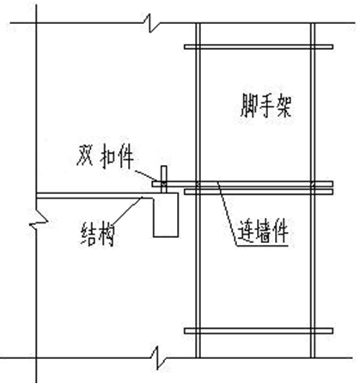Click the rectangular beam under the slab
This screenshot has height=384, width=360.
click(x=167, y=214)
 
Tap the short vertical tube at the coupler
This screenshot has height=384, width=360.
click(x=162, y=179)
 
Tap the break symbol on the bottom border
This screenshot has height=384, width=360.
click(x=156, y=351)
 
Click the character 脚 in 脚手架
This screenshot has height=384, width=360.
click(x=247, y=109)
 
